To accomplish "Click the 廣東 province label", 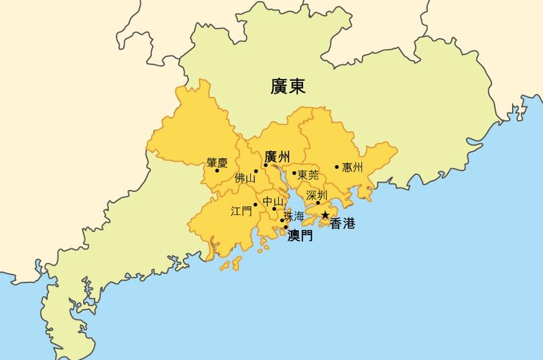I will (288, 86).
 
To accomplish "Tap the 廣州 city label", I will (277, 156).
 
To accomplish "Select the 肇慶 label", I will (217, 163).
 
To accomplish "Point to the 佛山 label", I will (245, 178).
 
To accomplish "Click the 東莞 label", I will (308, 174).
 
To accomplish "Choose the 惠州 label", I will (352, 167).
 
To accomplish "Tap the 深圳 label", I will (317, 195).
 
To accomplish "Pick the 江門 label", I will (241, 211).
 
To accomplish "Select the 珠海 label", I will (293, 216).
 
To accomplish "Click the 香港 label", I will (343, 224).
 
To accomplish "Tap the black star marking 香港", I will (325, 215).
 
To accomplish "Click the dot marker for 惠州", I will (337, 167).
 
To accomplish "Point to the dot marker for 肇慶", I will (217, 171).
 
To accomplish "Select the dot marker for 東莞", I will (294, 173).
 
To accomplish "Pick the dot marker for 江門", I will (255, 205).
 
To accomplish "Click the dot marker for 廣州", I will (265, 165).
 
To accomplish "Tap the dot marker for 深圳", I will (318, 203).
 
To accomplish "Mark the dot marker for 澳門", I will (286, 227).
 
